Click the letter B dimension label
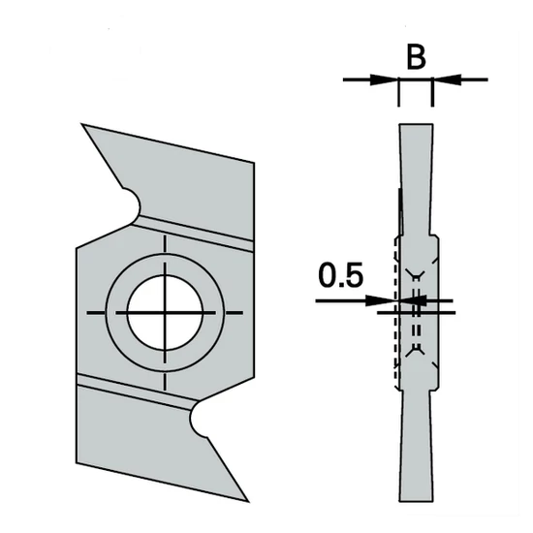(x=415, y=57)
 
